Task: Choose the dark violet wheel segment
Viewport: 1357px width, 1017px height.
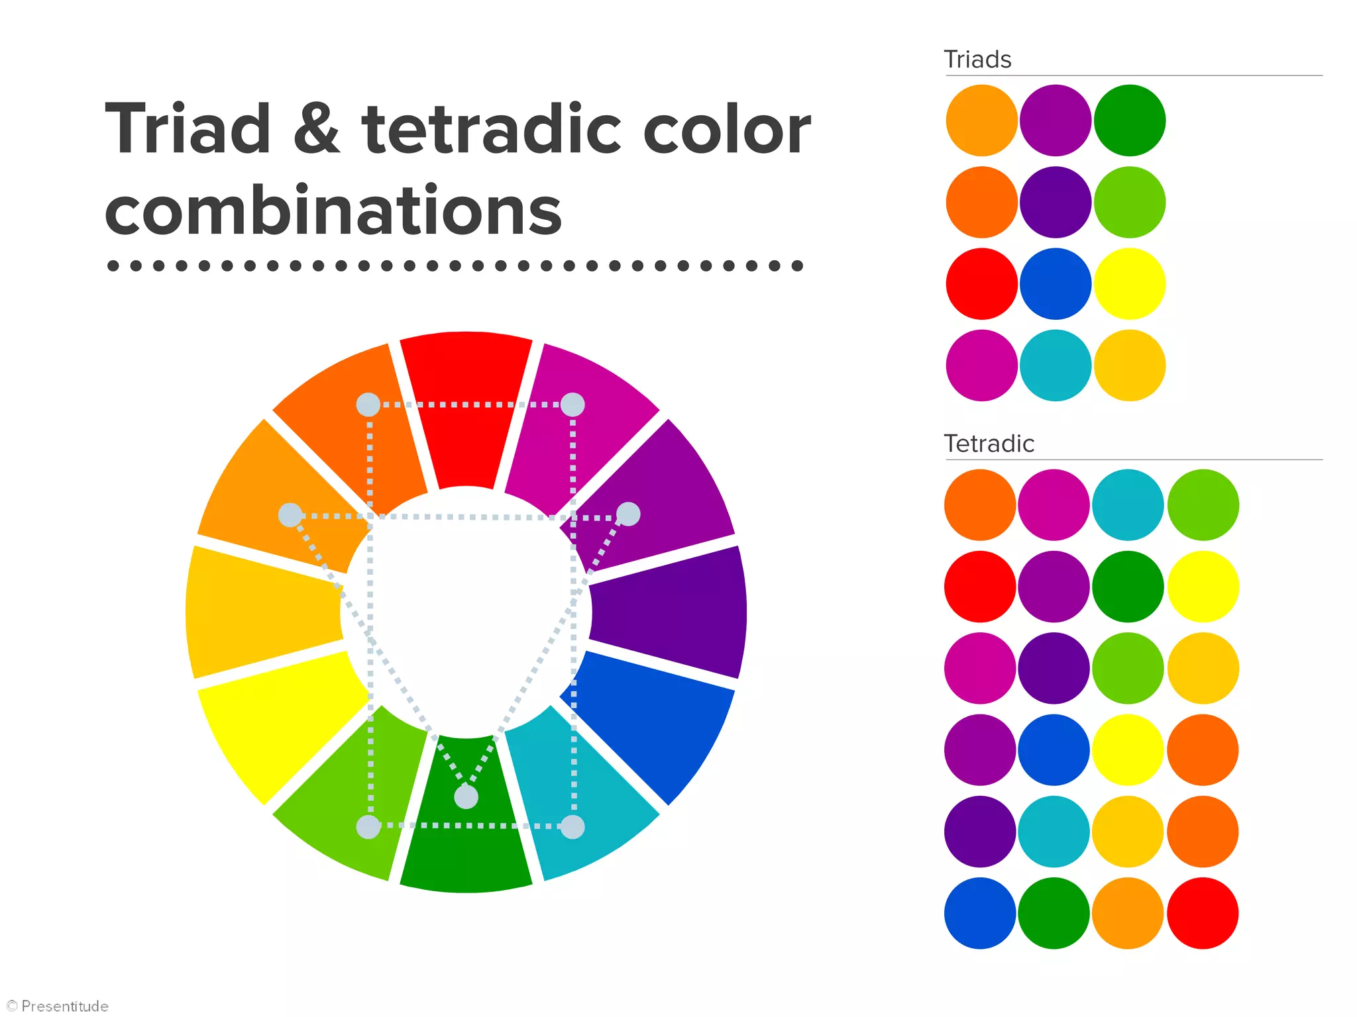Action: [669, 612]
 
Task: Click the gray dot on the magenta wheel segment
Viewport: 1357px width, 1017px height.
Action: [572, 405]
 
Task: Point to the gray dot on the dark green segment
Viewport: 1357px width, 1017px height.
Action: [466, 797]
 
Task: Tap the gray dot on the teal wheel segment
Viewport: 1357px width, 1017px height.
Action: [572, 827]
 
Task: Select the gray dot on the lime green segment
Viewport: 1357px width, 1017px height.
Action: [368, 827]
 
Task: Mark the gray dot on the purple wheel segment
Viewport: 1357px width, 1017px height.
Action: [628, 514]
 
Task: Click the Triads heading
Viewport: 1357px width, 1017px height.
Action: [977, 60]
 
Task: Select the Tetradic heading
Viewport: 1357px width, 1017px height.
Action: [989, 444]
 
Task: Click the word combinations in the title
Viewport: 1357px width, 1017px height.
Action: [333, 211]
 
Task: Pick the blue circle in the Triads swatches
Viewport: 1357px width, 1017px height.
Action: [1056, 284]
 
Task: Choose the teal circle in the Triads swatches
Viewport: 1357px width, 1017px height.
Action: [1056, 365]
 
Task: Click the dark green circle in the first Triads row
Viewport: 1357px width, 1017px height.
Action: [1130, 121]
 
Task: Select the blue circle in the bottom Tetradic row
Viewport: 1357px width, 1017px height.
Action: [980, 913]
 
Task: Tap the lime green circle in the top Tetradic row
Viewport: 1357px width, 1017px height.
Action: [1203, 505]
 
